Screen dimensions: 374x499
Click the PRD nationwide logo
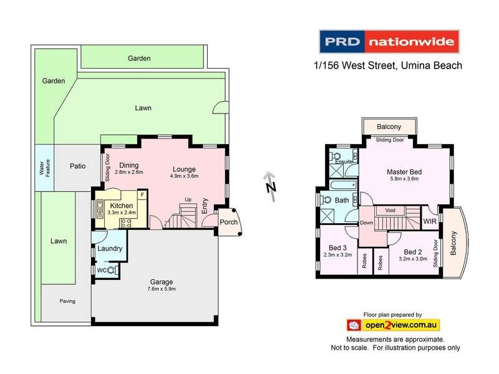(389, 43)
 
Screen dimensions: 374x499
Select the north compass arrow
(269, 185)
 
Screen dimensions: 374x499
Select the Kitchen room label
(122, 205)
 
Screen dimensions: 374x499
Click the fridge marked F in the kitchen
(142, 194)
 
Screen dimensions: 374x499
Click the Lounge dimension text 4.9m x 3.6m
(184, 176)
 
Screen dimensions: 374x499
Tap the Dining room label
(129, 165)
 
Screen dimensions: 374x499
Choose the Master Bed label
(404, 171)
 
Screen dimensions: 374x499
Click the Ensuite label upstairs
(344, 161)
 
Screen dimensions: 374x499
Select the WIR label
(429, 221)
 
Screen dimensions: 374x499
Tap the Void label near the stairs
(390, 211)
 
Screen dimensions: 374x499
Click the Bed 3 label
(337, 247)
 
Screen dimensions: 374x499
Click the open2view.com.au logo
(393, 325)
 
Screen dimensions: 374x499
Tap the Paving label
(67, 301)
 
